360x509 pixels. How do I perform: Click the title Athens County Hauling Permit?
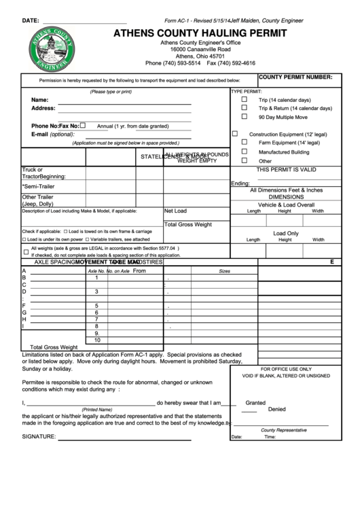coord(204,32)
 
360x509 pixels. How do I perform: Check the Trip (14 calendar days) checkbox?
coord(245,99)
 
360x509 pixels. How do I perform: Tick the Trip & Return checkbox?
coord(245,108)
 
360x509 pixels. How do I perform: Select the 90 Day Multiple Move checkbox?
coord(245,117)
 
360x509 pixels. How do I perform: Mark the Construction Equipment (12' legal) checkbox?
coord(235,134)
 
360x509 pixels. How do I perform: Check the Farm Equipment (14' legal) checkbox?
coord(245,143)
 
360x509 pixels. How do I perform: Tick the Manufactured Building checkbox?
coord(245,152)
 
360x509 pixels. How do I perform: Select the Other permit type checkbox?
coord(245,161)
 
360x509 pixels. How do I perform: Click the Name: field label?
coord(40,100)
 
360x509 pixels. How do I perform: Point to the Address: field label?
coord(43,109)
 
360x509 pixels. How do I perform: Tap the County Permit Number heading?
coord(295,78)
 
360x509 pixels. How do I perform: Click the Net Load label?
coord(175,211)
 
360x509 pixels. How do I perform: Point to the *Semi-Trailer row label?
coord(38,186)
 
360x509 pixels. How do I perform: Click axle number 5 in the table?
coord(97,305)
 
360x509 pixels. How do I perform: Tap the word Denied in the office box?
coord(276,410)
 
